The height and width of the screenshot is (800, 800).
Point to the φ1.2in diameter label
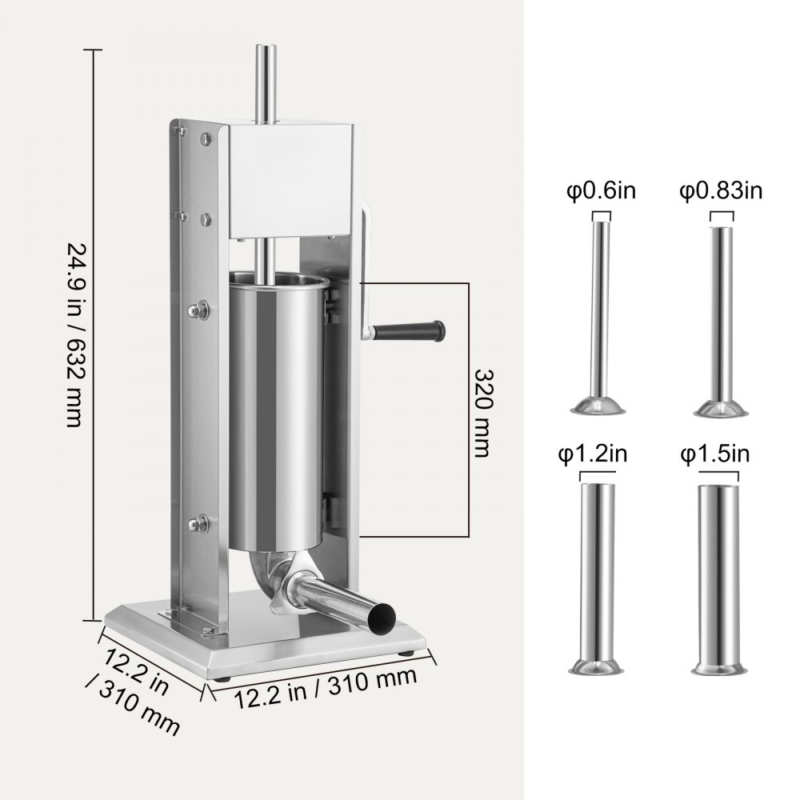point(593,454)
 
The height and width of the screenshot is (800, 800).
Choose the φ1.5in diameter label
point(714,454)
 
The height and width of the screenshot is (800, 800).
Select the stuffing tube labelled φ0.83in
point(720,316)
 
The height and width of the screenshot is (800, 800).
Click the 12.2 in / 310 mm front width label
point(326,684)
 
